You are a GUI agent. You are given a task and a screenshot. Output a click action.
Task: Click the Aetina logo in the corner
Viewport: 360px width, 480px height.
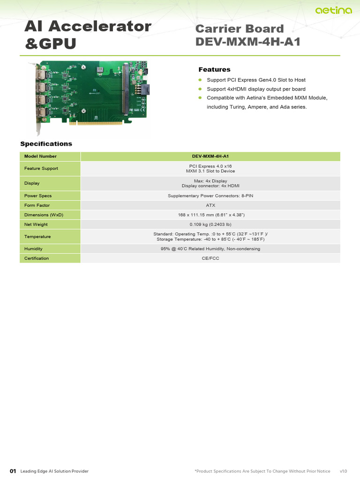[x=333, y=10]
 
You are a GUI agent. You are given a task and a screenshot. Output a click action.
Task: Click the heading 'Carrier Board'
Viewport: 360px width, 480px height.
[x=240, y=29]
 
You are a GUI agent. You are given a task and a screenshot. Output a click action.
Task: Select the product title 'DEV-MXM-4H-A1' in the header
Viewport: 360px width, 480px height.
[x=247, y=42]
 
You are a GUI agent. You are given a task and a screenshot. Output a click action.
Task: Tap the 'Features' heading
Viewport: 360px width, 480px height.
[x=214, y=69]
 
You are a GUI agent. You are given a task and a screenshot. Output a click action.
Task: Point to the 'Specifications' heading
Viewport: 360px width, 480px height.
[x=46, y=143]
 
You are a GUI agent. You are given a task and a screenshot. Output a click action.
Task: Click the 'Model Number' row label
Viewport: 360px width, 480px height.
[x=40, y=156]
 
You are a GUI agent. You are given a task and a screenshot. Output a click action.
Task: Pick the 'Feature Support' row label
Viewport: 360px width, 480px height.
[x=41, y=168]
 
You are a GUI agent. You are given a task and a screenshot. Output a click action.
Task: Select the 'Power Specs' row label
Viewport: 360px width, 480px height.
[x=38, y=195]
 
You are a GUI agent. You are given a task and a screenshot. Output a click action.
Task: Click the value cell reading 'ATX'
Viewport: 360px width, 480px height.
[x=210, y=205]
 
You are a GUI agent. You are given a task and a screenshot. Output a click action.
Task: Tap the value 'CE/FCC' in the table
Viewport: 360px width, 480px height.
[x=210, y=258]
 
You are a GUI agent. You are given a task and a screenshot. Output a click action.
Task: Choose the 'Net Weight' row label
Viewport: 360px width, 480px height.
[x=36, y=225]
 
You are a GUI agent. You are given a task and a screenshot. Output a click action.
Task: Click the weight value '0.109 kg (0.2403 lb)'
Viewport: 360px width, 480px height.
[x=210, y=225]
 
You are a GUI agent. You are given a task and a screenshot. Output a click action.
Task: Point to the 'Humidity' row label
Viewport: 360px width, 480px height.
[x=33, y=249]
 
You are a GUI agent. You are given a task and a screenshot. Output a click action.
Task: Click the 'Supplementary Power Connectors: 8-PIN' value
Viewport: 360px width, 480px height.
[x=210, y=195]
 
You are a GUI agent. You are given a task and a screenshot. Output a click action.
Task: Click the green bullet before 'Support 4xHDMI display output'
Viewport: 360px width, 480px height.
[x=199, y=89]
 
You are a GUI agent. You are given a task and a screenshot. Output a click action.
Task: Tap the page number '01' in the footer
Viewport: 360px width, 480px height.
[x=13, y=471]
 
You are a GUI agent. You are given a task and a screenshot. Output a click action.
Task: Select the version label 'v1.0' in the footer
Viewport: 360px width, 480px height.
[x=344, y=471]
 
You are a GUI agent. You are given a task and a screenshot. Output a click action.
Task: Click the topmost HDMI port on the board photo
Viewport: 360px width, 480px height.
[x=43, y=75]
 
